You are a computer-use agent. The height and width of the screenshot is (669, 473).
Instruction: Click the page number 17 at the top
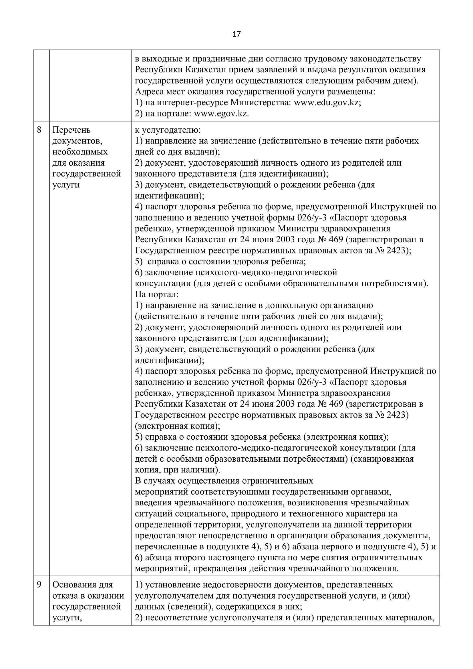click(236, 34)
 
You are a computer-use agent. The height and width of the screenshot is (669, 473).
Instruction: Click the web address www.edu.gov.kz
click(327, 103)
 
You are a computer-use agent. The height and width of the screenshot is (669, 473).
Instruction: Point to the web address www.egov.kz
click(221, 114)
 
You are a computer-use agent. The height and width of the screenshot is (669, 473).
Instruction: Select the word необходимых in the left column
click(80, 152)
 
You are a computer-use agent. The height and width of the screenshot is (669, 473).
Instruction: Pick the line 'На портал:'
click(156, 295)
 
